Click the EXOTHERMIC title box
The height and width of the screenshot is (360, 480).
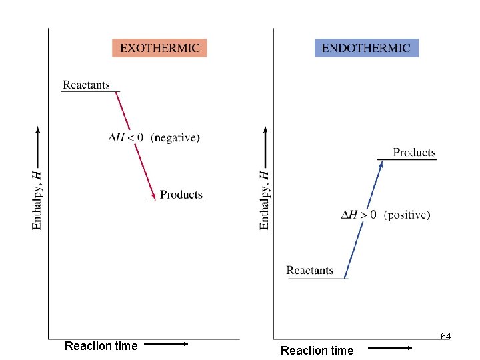pyautogui.click(x=159, y=47)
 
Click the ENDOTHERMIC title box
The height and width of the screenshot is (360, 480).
pyautogui.click(x=366, y=47)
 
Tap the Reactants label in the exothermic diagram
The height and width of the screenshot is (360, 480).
pyautogui.click(x=86, y=85)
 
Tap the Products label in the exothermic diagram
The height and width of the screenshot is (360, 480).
pyautogui.click(x=181, y=195)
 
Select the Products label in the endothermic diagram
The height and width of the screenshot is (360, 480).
pyautogui.click(x=414, y=152)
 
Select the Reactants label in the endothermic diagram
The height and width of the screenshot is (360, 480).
pyautogui.click(x=310, y=270)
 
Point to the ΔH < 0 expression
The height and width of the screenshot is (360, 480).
pyautogui.click(x=126, y=138)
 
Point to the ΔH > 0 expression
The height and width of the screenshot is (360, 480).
pyautogui.click(x=359, y=215)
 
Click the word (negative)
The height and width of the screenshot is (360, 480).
pyautogui.click(x=175, y=138)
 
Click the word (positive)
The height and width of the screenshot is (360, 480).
pyautogui.click(x=407, y=215)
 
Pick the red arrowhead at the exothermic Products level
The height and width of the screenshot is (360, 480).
pyautogui.click(x=154, y=195)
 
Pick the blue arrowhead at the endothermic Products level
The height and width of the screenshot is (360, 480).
pyautogui.click(x=382, y=165)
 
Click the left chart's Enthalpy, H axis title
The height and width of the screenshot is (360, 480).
pyautogui.click(x=37, y=200)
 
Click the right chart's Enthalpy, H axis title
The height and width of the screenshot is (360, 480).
pyautogui.click(x=265, y=200)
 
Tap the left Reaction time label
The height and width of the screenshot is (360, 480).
pyautogui.click(x=101, y=345)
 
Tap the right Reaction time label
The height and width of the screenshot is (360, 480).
pyautogui.click(x=317, y=350)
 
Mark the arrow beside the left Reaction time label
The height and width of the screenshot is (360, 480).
pyautogui.click(x=166, y=345)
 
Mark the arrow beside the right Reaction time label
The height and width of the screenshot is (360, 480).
pyautogui.click(x=391, y=348)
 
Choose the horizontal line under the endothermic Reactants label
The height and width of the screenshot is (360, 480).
pyautogui.click(x=317, y=278)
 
